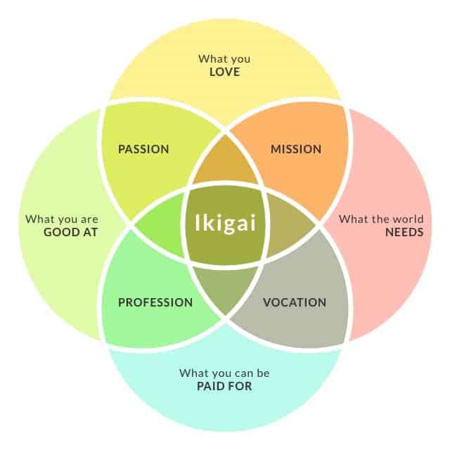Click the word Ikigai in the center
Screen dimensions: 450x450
pyautogui.click(x=225, y=223)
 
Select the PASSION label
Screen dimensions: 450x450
pyautogui.click(x=143, y=149)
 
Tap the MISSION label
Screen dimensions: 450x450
pyautogui.click(x=296, y=149)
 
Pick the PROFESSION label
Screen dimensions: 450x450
pyautogui.click(x=155, y=302)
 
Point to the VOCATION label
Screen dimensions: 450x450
pyautogui.click(x=295, y=302)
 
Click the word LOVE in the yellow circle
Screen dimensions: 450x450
pyautogui.click(x=225, y=72)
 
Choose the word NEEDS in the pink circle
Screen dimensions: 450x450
pyautogui.click(x=404, y=232)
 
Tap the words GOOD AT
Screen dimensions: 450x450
pyautogui.click(x=71, y=232)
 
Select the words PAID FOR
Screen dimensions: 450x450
pyautogui.click(x=224, y=386)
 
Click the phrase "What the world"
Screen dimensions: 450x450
pyautogui.click(x=381, y=219)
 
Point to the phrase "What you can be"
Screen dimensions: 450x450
pyautogui.click(x=224, y=373)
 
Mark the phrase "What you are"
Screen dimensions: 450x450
pyautogui.click(x=62, y=219)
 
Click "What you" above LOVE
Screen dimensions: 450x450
pyautogui.click(x=224, y=59)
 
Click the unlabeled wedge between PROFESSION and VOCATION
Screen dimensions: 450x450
pyautogui.click(x=225, y=288)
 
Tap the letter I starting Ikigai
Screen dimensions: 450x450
pyautogui.click(x=197, y=222)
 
